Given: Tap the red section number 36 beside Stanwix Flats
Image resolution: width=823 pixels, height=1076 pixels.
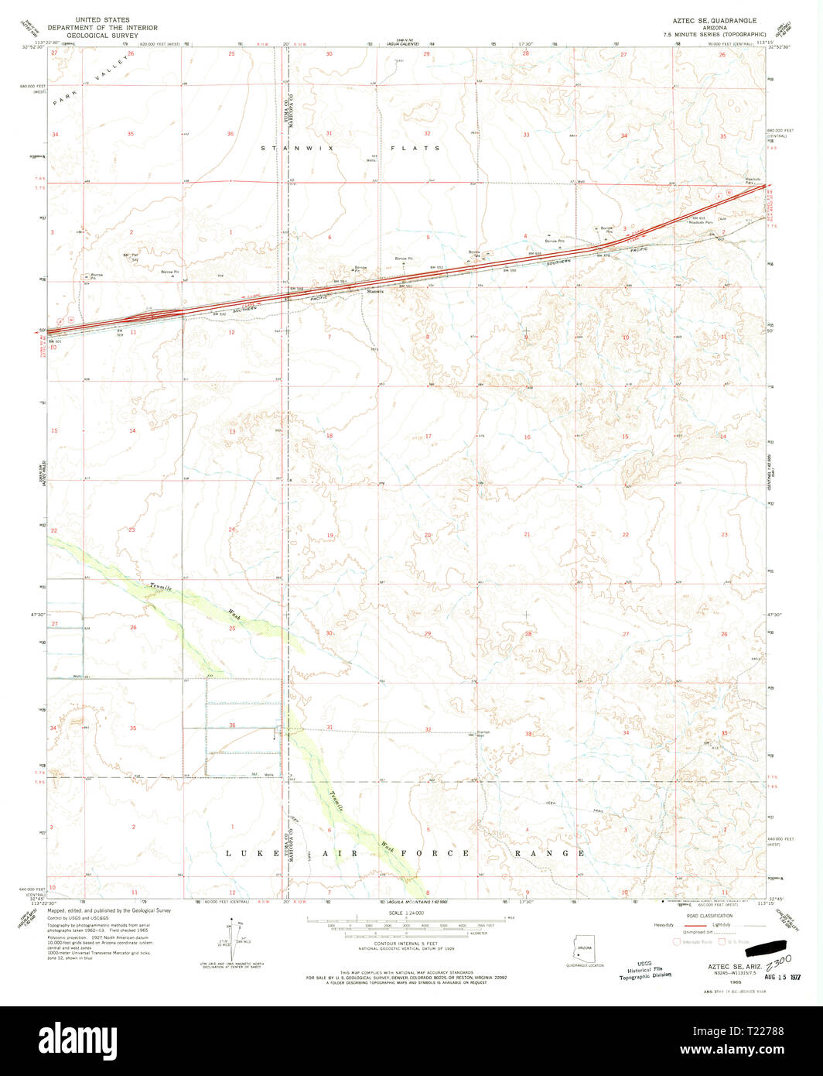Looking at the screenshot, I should pos(231,134).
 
